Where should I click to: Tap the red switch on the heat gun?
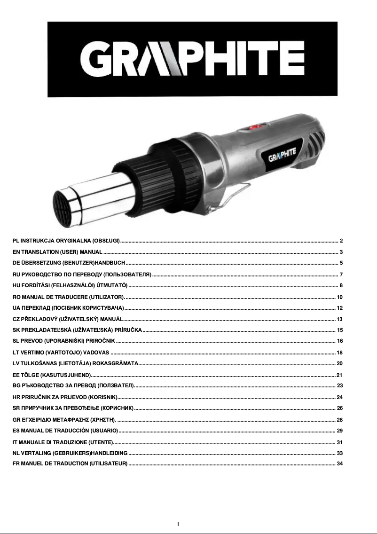point(256,126)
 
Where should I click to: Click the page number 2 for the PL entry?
point(341,241)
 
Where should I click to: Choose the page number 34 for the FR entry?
point(340,464)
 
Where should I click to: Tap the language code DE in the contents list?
point(16,263)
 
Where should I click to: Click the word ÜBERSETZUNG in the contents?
point(40,263)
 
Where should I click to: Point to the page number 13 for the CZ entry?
point(339,319)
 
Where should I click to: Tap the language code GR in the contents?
point(16,420)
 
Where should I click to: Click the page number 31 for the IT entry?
point(339,442)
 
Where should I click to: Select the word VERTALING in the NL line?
point(37,453)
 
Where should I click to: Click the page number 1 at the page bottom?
point(178,524)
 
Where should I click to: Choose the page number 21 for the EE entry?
point(339,375)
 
